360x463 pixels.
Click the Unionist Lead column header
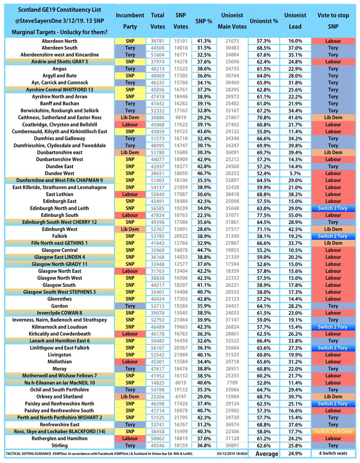[x=295, y=21]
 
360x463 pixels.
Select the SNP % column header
[x=204, y=21]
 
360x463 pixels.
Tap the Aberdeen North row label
[x=59, y=41]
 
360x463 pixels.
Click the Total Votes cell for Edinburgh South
[x=158, y=215]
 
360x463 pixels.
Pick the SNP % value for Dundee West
[x=204, y=174]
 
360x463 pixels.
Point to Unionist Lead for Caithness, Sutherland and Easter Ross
[x=295, y=118]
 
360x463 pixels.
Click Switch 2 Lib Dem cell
[x=333, y=431]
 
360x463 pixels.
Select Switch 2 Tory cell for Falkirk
[x=333, y=236]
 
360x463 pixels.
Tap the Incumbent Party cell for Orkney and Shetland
[x=130, y=397]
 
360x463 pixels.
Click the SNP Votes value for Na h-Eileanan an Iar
[x=181, y=383]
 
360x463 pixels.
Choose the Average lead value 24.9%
[x=295, y=453]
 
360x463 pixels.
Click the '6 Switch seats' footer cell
[x=333, y=453]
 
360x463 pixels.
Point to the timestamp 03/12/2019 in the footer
[x=232, y=454]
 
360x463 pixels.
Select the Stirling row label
[x=59, y=446]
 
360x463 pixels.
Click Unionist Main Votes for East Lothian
[x=232, y=194]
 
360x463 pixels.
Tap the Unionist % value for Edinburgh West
[x=264, y=229]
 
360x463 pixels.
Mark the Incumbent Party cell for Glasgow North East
[x=130, y=271]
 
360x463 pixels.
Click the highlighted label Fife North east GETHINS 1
[x=59, y=243]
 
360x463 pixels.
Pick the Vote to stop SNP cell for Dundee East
[x=333, y=166]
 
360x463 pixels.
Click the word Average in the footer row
[x=267, y=454]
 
